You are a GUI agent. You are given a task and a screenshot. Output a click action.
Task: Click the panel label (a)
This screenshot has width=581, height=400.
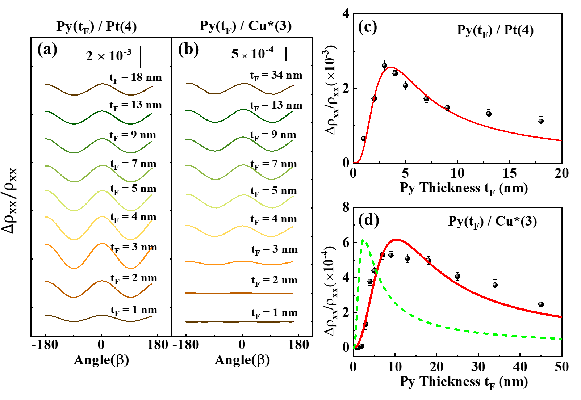[47, 50]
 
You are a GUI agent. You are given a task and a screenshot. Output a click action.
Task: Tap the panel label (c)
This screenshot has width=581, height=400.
[367, 27]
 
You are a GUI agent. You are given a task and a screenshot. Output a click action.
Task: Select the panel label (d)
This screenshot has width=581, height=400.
[368, 220]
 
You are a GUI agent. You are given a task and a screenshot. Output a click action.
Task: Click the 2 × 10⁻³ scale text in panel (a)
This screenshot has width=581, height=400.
[109, 56]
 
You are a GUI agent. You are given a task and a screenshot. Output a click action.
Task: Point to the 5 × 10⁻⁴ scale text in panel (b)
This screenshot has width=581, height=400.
[252, 54]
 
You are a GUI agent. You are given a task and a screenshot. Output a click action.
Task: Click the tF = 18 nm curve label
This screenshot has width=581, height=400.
[135, 78]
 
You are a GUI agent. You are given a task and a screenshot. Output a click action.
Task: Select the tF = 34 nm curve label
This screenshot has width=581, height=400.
[276, 76]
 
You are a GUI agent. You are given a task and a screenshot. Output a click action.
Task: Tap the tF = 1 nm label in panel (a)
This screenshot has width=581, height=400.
[134, 310]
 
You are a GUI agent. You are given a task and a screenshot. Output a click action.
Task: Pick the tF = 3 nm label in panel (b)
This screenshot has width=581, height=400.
[274, 250]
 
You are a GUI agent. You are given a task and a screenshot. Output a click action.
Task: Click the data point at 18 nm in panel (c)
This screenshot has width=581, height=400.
[541, 121]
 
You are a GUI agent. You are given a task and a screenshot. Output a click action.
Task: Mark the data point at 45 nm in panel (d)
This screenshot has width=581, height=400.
[541, 304]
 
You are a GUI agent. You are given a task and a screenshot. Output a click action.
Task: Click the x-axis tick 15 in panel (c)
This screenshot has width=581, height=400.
[510, 173]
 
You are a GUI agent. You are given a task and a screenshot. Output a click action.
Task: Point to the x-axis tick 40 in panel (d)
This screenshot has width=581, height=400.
[520, 367]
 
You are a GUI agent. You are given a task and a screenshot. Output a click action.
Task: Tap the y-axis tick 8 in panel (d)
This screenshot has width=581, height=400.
[346, 207]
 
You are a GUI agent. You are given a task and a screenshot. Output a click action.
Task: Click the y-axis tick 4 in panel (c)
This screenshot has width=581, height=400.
[346, 14]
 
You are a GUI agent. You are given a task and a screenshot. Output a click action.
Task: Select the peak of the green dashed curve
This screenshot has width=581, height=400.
[363, 240]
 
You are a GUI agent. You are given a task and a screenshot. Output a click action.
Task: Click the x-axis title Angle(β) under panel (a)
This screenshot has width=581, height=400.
[101, 360]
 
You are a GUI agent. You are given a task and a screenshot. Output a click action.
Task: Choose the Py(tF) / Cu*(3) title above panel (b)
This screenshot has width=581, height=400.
[245, 26]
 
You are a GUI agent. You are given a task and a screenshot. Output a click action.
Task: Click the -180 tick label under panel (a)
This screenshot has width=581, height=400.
[45, 345]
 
